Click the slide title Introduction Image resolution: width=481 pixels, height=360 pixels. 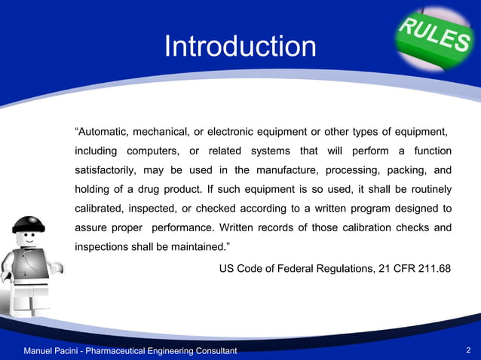coord(240,47)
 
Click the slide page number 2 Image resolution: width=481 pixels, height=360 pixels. coord(469,351)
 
